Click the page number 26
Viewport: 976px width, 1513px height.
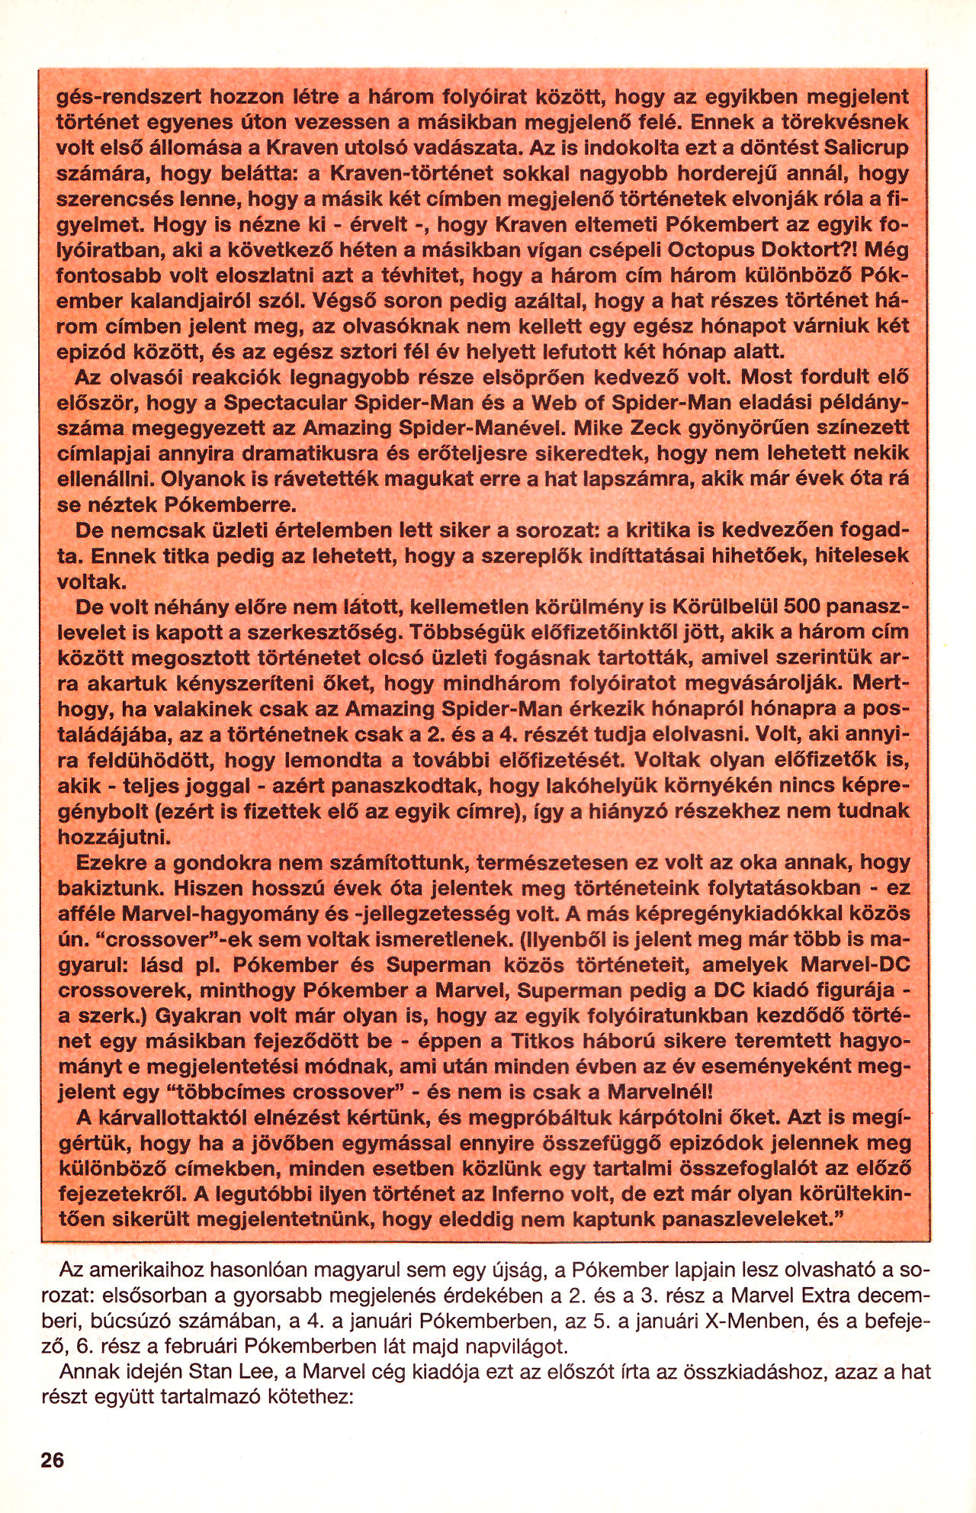click(53, 1460)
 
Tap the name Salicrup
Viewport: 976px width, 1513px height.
click(862, 147)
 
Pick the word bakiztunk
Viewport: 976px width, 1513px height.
click(108, 888)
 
